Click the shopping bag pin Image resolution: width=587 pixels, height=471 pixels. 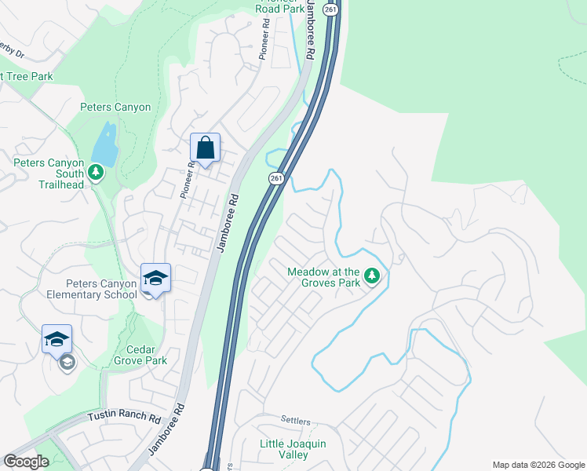tap(205, 148)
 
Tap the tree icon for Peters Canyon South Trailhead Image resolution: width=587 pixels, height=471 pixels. tap(96, 171)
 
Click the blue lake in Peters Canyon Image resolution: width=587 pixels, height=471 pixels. tap(104, 143)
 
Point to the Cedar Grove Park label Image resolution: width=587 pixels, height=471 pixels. tap(146, 355)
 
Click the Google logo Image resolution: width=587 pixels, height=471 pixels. tap(27, 462)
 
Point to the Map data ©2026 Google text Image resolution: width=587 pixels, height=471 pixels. tap(538, 465)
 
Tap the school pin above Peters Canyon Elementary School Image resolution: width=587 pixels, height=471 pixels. tap(155, 278)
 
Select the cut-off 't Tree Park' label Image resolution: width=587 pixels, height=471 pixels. tap(27, 76)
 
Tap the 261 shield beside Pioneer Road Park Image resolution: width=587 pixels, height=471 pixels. tap(333, 9)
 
